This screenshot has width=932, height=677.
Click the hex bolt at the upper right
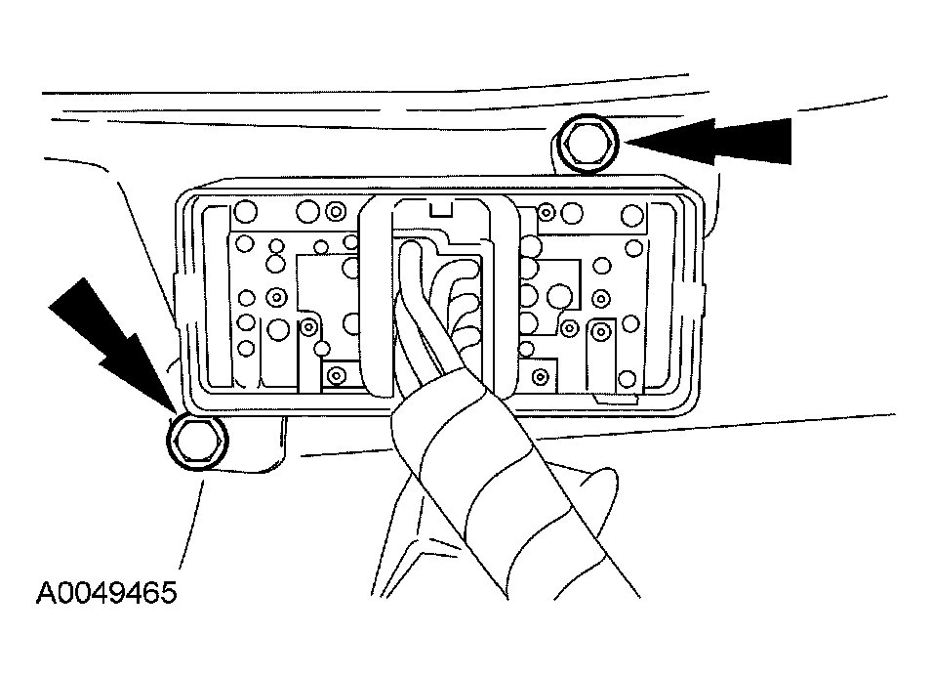click(588, 144)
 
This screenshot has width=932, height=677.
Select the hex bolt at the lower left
click(198, 441)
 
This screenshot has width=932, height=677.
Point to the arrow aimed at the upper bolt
click(709, 141)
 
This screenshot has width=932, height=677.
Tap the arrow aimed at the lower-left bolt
click(113, 345)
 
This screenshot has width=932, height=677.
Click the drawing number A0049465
click(107, 593)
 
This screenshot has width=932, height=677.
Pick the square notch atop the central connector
click(440, 208)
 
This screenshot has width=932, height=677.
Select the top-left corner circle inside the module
click(246, 211)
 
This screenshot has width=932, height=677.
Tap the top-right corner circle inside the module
click(631, 215)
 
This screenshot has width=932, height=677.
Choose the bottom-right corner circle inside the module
click(628, 378)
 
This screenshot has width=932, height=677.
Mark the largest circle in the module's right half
click(559, 296)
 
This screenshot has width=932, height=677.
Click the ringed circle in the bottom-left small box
click(337, 375)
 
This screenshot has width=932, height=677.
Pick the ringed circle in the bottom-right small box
click(541, 376)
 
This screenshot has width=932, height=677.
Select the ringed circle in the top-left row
click(336, 211)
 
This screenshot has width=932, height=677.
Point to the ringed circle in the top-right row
click(546, 211)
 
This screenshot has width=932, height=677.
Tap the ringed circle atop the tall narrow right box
click(601, 331)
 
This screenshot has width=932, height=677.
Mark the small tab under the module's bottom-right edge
click(617, 400)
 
